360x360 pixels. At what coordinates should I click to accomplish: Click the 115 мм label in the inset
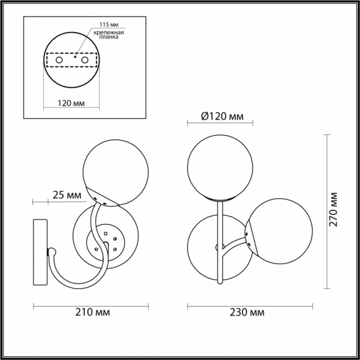109,25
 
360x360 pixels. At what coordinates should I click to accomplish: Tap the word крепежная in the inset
109,32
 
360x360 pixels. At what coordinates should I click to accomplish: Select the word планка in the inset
109,37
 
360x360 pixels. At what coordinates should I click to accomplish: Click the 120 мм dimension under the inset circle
71,103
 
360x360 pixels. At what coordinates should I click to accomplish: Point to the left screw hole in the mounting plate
59,60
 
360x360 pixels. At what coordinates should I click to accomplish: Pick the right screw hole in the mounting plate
85,60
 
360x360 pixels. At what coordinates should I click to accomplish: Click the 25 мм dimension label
67,195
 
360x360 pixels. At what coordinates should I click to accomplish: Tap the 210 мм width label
93,312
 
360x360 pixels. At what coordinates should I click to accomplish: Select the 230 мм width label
247,312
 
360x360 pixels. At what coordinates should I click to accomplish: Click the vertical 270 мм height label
333,209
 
